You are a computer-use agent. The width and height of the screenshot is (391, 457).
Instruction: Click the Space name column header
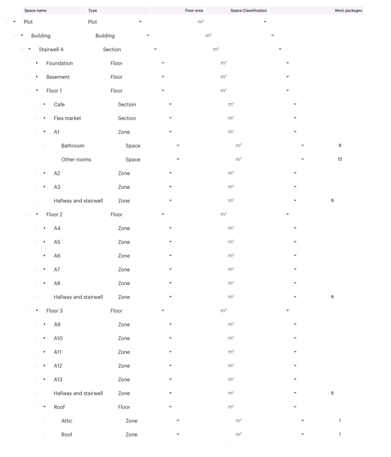click(36, 10)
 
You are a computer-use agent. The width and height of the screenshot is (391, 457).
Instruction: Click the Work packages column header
click(348, 10)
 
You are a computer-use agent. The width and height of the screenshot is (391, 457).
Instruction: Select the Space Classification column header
click(249, 10)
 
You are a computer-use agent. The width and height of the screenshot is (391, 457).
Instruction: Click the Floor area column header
click(194, 10)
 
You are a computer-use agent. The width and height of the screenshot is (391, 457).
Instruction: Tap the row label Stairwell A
click(51, 50)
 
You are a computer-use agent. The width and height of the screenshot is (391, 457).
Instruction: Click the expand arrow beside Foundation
click(37, 63)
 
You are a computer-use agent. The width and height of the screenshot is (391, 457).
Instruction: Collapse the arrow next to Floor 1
click(37, 91)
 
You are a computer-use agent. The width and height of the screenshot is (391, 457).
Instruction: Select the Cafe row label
click(59, 104)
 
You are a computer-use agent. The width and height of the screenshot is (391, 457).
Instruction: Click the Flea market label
click(67, 118)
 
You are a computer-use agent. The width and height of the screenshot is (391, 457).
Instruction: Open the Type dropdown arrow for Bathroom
click(178, 146)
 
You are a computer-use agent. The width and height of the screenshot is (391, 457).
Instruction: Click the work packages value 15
click(340, 159)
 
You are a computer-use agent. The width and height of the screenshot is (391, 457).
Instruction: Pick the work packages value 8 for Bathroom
click(340, 146)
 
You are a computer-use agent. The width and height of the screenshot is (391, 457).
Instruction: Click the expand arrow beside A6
click(44, 256)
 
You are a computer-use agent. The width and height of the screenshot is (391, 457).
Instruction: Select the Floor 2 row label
click(54, 215)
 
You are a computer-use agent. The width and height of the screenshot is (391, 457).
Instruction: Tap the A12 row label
click(58, 366)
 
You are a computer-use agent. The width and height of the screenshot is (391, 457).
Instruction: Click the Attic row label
click(67, 421)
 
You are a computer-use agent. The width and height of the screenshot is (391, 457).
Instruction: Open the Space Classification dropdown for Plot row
click(265, 22)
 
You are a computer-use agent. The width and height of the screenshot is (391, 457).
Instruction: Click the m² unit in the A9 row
click(231, 325)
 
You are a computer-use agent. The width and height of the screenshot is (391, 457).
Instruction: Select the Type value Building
click(105, 36)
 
